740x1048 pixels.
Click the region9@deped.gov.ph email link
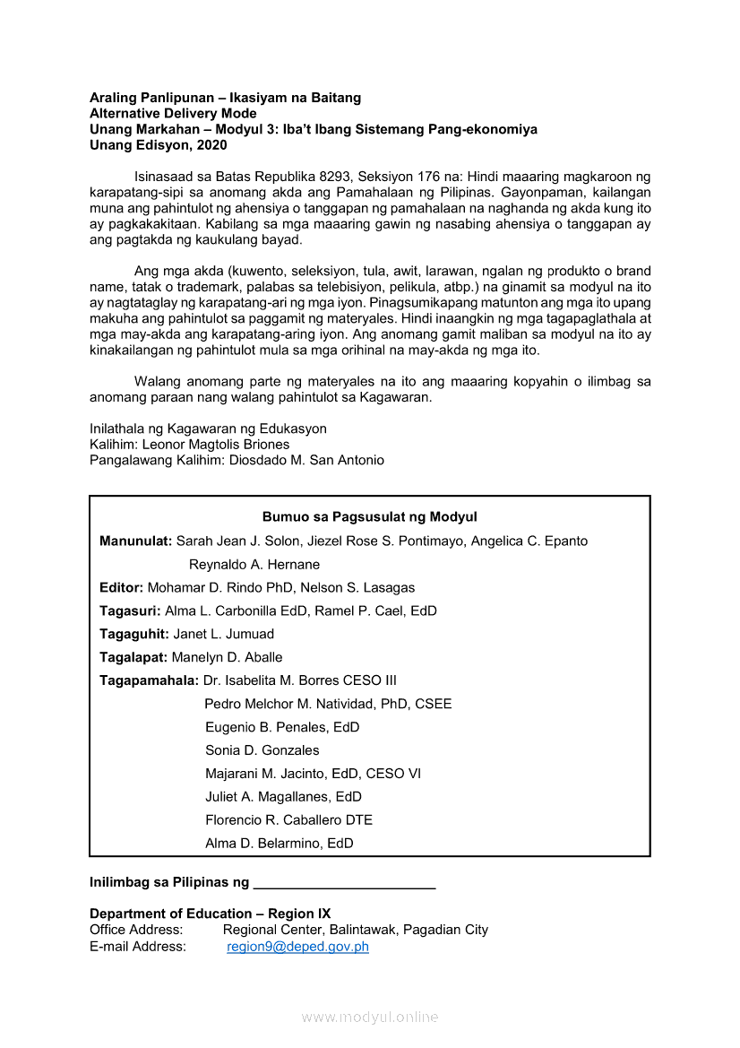click(297, 947)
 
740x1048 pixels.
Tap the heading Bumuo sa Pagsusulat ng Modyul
click(369, 517)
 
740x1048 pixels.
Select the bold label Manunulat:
click(135, 541)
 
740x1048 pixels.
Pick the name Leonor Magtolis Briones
click(216, 445)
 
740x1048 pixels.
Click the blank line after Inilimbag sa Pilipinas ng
click(344, 883)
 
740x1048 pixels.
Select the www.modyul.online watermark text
click(370, 1018)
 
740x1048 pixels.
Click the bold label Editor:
click(121, 587)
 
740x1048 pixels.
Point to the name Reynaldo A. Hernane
click(254, 565)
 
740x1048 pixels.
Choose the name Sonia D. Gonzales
click(262, 750)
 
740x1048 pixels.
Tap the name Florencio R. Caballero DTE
click(288, 819)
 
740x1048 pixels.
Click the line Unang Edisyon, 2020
click(158, 145)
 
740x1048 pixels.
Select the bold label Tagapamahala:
click(149, 680)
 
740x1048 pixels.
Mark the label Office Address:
click(136, 930)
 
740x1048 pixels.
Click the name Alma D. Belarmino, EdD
click(279, 843)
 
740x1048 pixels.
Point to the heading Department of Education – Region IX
click(210, 914)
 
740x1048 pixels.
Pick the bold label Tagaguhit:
click(134, 634)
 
